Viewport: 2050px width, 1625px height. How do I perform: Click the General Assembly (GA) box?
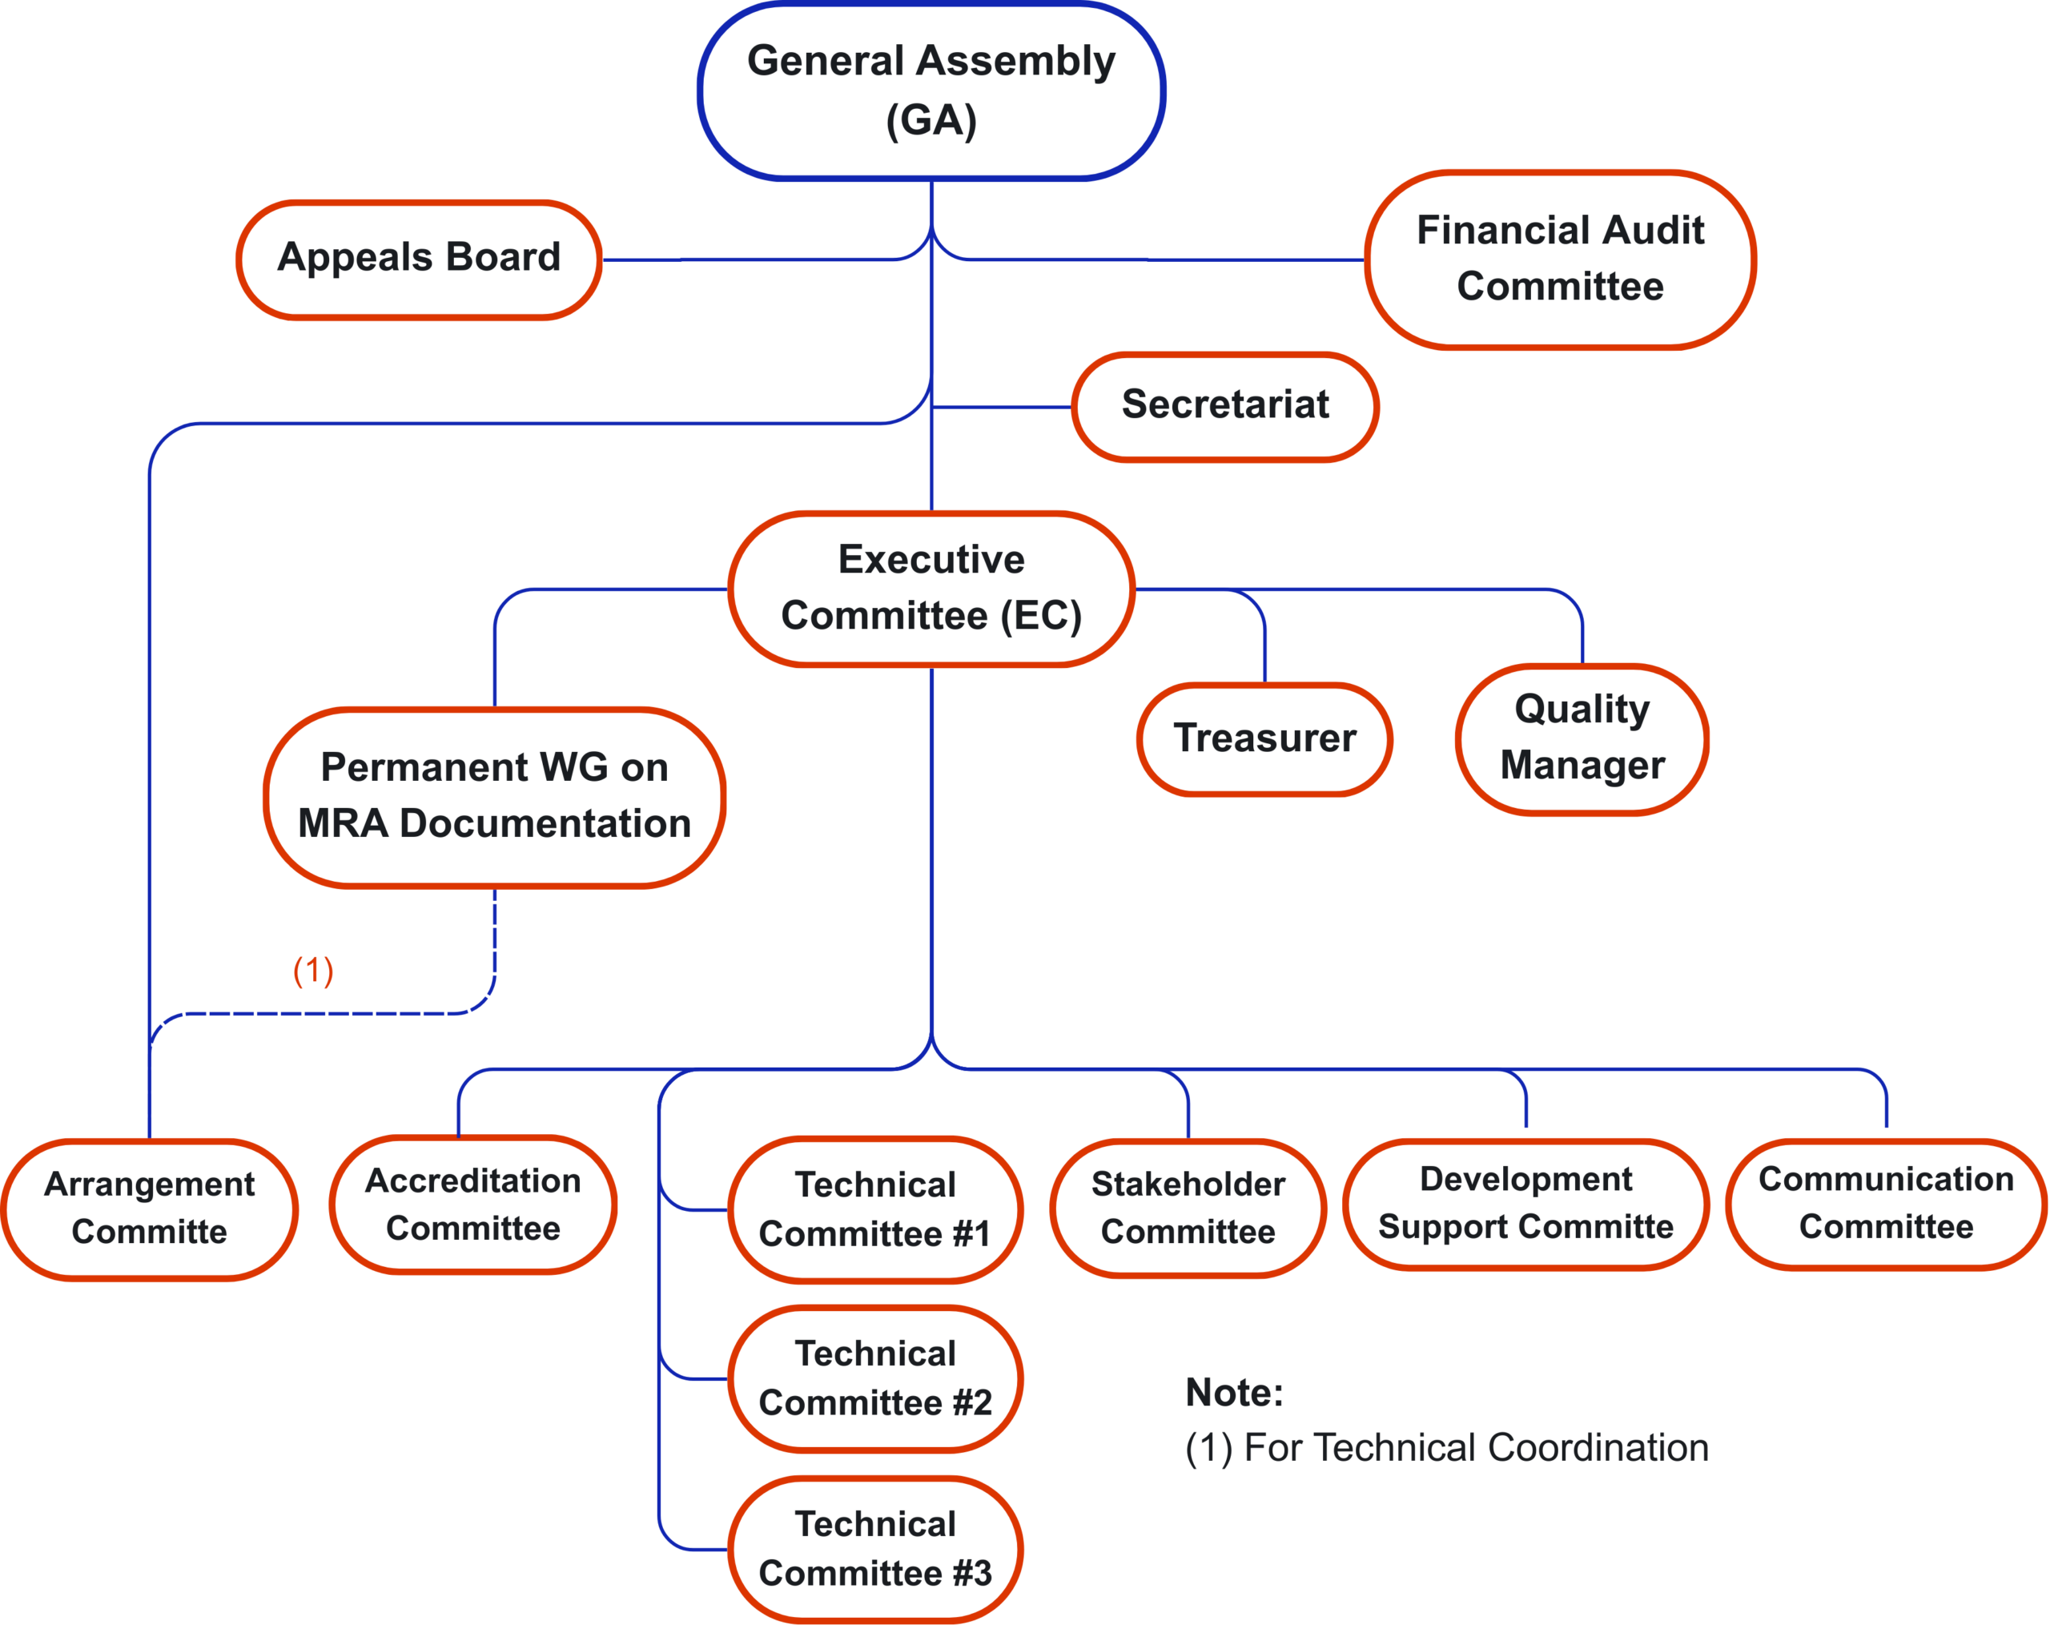pos(931,91)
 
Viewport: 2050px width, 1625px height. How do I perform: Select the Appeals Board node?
pos(418,259)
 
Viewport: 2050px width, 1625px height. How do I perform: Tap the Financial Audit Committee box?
pos(1559,259)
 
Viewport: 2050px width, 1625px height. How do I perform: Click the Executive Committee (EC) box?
pos(931,589)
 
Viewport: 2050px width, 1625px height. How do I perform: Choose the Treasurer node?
pos(1264,738)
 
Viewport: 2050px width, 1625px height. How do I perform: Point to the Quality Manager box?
pos(1582,738)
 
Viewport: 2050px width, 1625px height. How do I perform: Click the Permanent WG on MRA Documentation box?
pos(494,797)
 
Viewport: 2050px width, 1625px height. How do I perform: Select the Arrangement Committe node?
pos(149,1209)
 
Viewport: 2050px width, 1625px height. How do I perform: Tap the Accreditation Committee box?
pos(472,1205)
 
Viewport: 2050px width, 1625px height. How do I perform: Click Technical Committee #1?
pos(874,1209)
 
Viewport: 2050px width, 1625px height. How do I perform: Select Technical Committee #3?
pos(874,1549)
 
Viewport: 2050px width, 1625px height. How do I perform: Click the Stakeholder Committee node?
pos(1188,1209)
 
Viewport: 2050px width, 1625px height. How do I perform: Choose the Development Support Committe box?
pos(1525,1204)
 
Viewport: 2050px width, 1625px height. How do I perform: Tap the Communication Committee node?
pos(1886,1204)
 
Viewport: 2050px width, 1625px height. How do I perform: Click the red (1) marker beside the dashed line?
pos(313,970)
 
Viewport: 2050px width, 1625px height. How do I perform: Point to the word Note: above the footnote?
pos(1234,1393)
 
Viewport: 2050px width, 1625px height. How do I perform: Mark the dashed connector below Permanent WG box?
pos(324,1014)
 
